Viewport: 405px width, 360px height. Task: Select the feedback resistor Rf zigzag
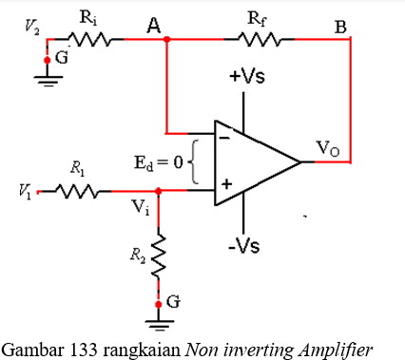coord(255,40)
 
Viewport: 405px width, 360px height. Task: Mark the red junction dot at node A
coord(167,40)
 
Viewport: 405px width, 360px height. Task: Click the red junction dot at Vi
coord(158,191)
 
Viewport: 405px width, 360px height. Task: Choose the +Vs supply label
coord(246,77)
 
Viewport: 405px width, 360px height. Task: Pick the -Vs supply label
coord(244,246)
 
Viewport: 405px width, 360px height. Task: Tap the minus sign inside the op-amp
coord(225,139)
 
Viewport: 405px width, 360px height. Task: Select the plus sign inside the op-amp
coord(226,183)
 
